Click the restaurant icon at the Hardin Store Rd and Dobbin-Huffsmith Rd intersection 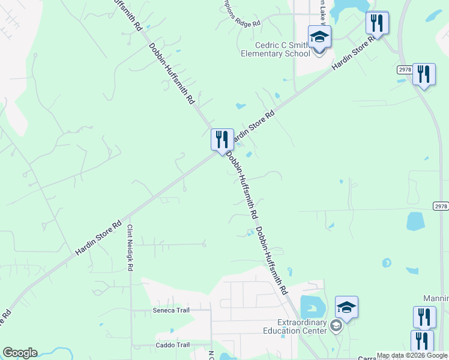tap(222, 139)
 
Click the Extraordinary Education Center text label tap(294, 326)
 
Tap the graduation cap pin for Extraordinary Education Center tap(346, 307)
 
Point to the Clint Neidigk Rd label tap(130, 248)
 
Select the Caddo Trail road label tap(174, 345)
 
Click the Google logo tap(20, 353)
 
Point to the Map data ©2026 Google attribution tap(412, 355)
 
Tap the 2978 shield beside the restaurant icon tap(405, 70)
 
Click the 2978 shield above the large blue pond tap(441, 206)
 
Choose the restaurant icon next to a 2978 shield tap(424, 74)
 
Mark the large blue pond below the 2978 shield tap(415, 221)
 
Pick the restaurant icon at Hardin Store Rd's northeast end tap(377, 23)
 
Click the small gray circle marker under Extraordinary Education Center tap(336, 327)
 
